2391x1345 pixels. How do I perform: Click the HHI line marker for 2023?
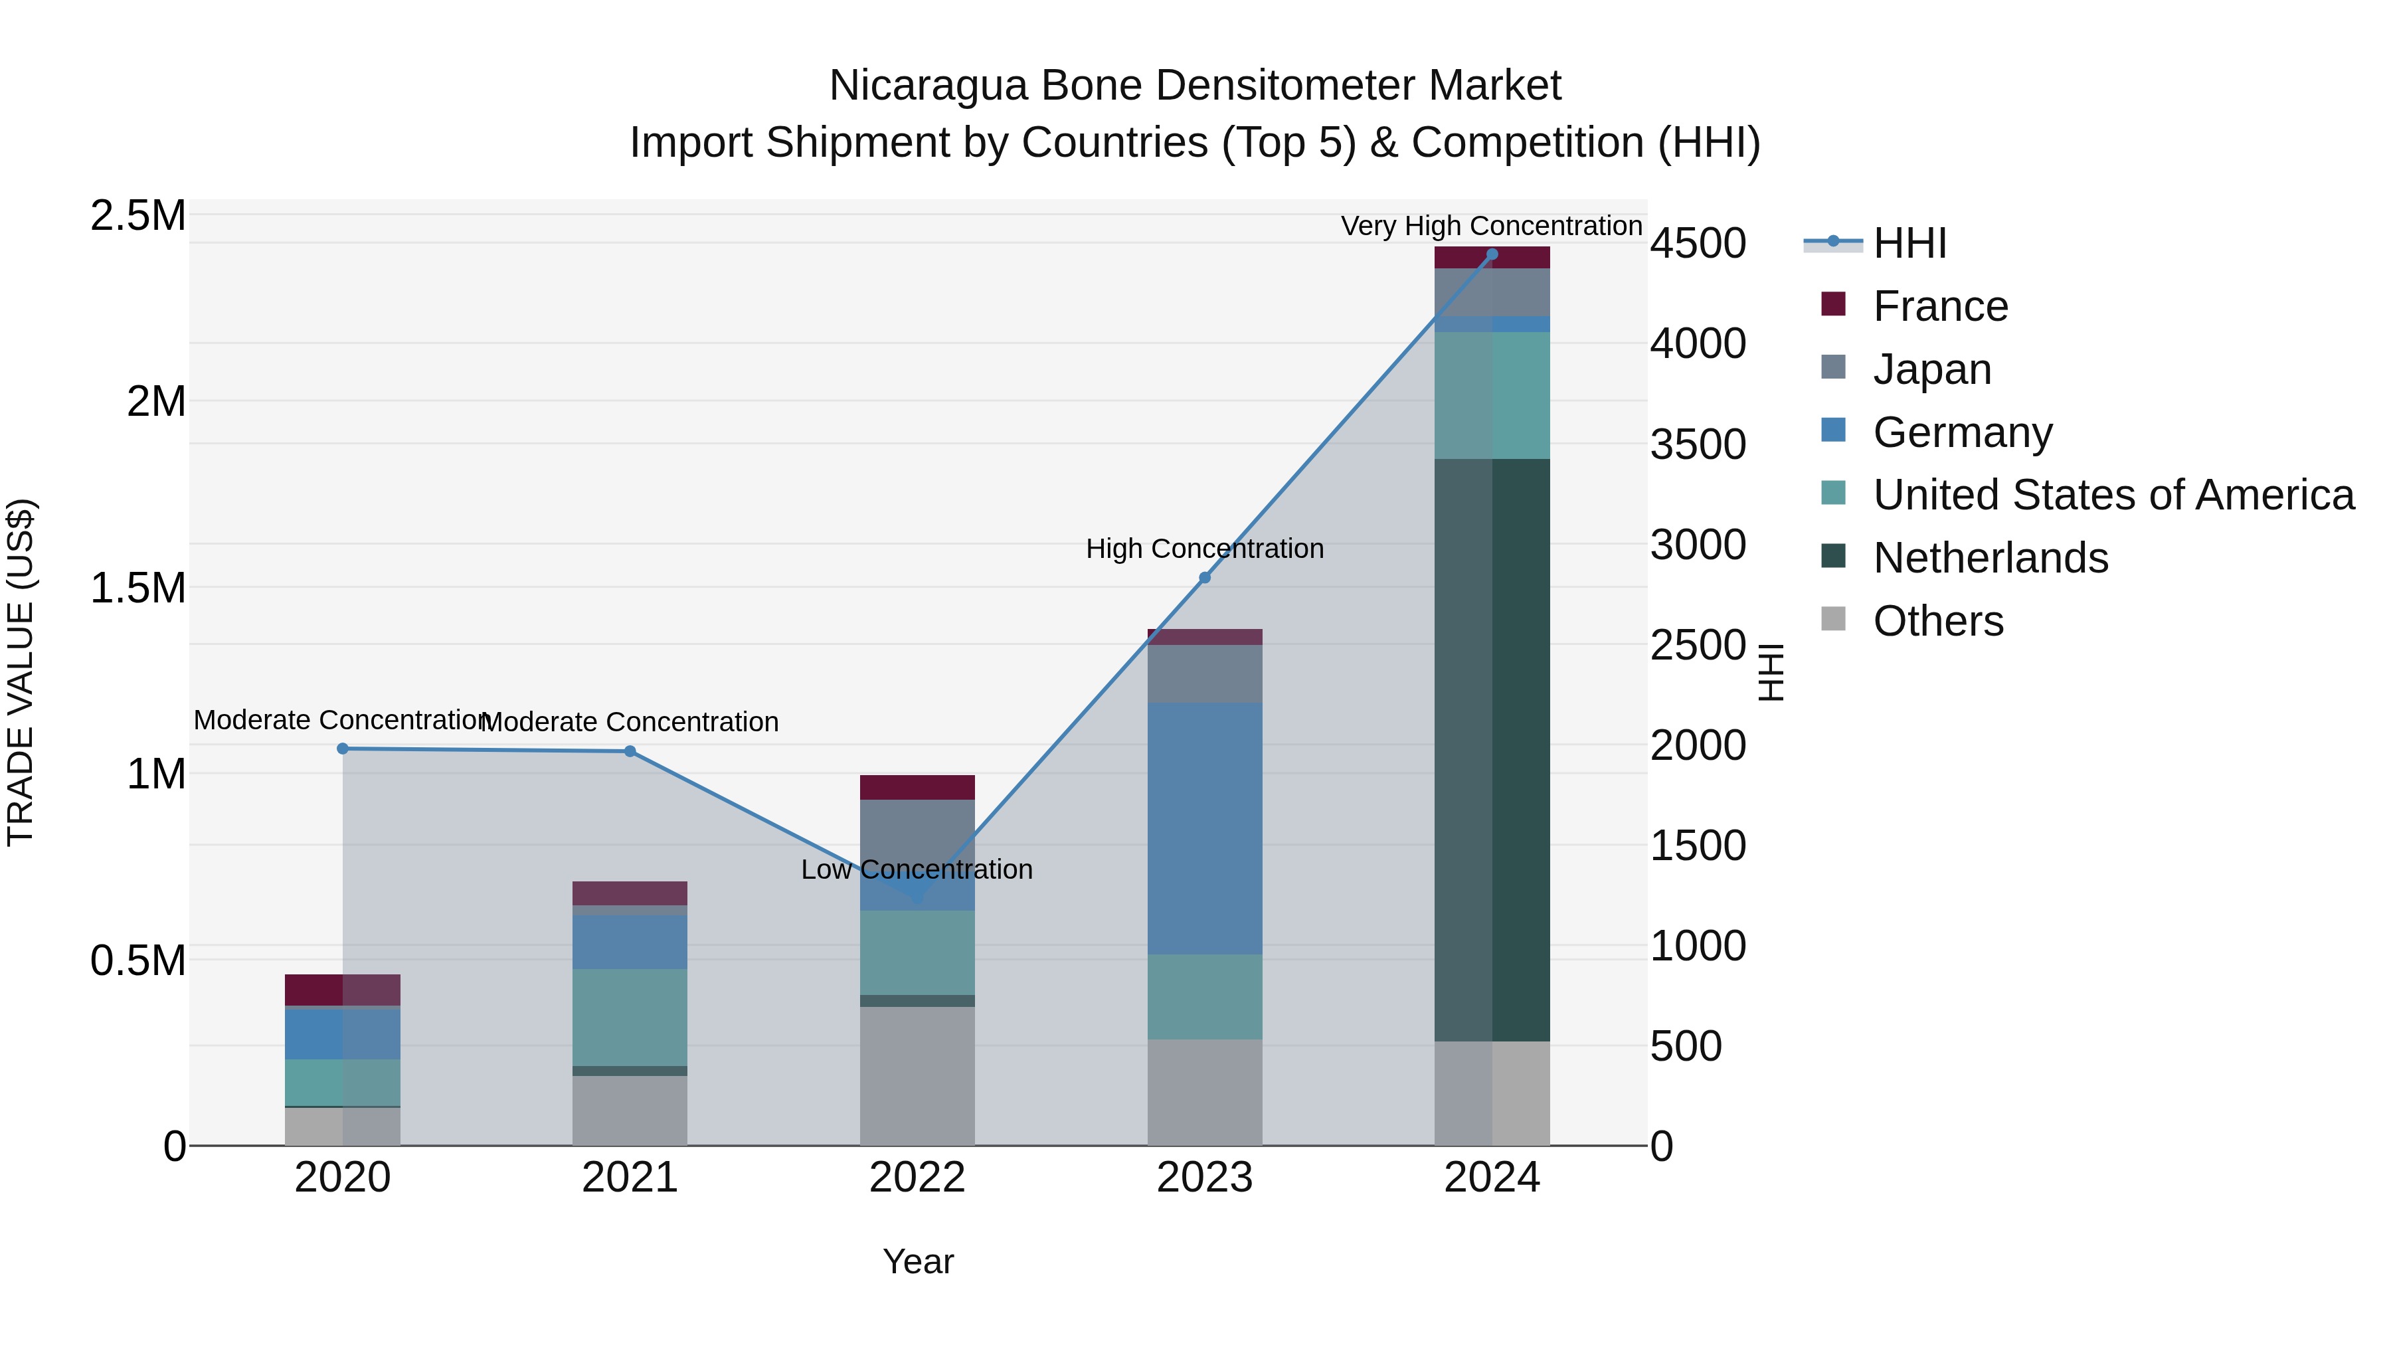coord(1204,577)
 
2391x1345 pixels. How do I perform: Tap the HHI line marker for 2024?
coord(1492,254)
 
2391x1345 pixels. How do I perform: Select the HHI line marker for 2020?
coord(343,748)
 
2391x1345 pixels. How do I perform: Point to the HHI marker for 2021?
coord(630,751)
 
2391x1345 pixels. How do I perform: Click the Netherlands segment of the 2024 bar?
coord(1492,749)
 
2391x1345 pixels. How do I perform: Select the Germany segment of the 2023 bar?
coord(1204,828)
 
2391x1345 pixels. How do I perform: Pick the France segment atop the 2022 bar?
coord(917,787)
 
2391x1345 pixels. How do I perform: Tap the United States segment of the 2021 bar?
coord(630,1018)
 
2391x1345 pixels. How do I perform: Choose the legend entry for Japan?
coord(1931,369)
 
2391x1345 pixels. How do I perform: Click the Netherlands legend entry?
coord(1990,558)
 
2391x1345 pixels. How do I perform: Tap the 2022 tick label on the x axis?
coord(917,1178)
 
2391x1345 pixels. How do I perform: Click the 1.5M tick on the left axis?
coord(138,588)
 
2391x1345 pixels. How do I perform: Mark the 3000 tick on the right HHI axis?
coord(1698,545)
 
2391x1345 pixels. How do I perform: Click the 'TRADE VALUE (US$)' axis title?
coord(21,672)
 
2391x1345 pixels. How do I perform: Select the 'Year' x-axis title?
coord(918,1261)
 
